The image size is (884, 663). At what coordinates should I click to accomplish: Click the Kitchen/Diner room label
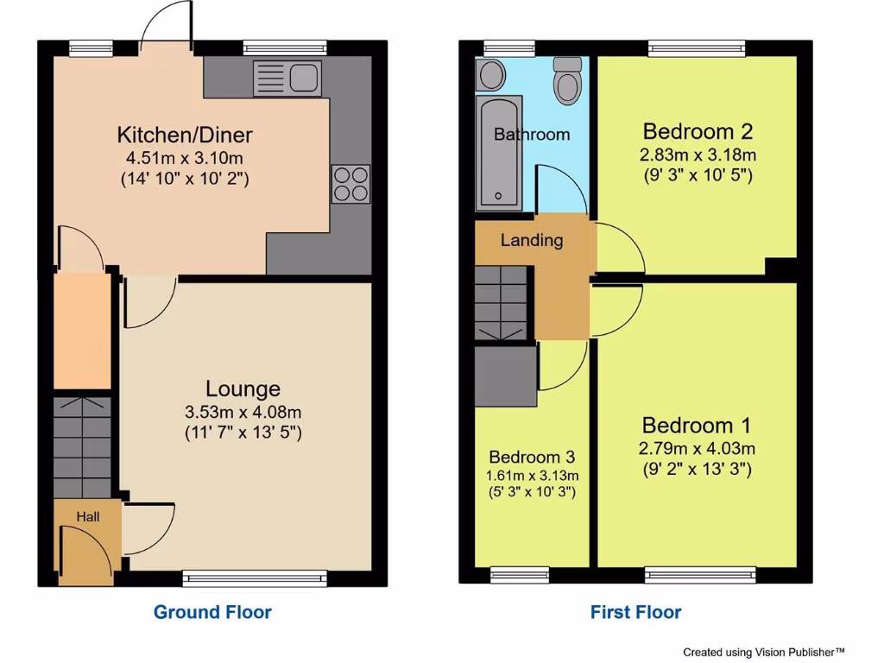(x=185, y=135)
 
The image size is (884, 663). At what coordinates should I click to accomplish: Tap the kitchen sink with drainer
(x=287, y=79)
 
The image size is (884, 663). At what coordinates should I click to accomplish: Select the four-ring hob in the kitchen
(x=350, y=184)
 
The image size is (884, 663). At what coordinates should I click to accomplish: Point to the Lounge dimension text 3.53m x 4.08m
(x=243, y=411)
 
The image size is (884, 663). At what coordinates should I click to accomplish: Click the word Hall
(x=88, y=517)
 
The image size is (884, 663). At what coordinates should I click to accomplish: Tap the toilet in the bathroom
(x=568, y=81)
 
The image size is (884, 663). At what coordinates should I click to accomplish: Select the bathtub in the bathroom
(x=498, y=154)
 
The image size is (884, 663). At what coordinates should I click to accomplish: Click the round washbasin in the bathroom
(x=491, y=75)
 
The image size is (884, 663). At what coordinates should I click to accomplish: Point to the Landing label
(x=532, y=241)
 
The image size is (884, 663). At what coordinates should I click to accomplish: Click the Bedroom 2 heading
(x=698, y=132)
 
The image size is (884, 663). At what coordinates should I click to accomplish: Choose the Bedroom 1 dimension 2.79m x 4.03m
(x=697, y=448)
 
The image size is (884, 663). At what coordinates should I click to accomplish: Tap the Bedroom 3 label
(x=532, y=457)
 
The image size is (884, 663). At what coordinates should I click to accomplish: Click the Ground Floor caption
(x=212, y=612)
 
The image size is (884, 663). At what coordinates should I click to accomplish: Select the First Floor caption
(x=635, y=612)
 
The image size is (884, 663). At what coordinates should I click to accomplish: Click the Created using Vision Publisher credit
(x=763, y=652)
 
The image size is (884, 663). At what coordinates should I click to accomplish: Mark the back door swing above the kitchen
(x=166, y=22)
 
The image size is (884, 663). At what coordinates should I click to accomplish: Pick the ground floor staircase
(x=82, y=446)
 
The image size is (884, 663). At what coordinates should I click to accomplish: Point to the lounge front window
(x=256, y=578)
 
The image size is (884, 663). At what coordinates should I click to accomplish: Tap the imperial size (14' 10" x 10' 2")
(x=185, y=180)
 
